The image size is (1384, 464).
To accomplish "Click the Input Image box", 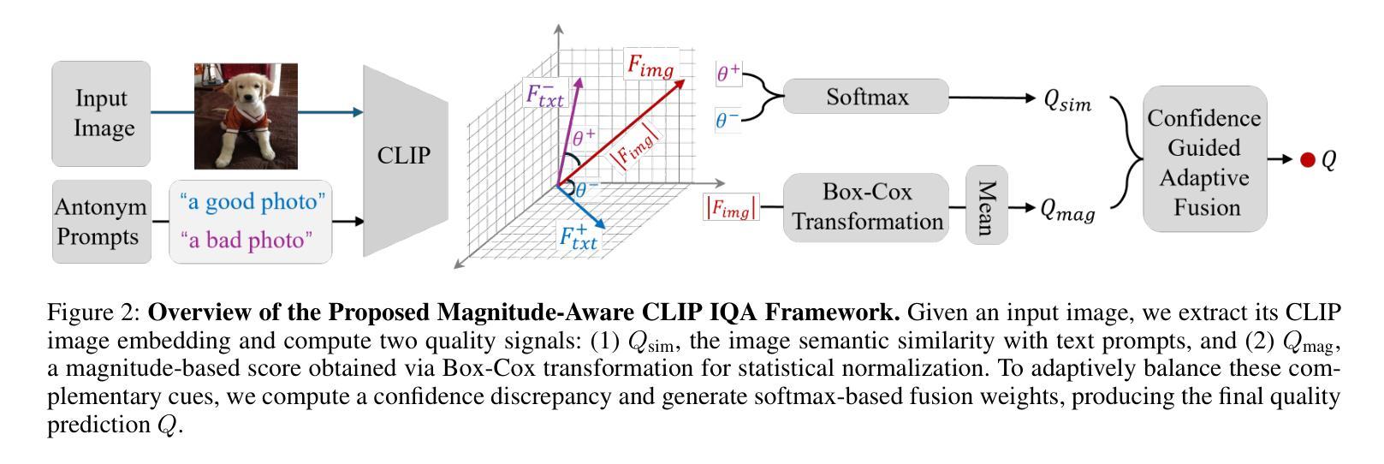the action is (x=101, y=113).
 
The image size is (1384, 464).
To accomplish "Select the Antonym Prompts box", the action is (x=101, y=221).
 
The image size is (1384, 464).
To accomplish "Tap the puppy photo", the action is (x=246, y=116).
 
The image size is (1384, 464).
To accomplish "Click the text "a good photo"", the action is (x=252, y=202).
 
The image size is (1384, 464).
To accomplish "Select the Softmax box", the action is (x=866, y=97).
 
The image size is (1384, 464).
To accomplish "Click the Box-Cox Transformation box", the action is (x=866, y=207).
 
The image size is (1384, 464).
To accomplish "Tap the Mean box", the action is (x=986, y=207).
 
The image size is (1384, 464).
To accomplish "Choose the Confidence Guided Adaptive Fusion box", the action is (x=1204, y=159).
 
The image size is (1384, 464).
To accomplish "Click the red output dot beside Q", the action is (x=1307, y=160).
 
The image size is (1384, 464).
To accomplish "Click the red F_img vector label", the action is (x=650, y=66).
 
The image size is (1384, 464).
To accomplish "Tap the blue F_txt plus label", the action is (x=579, y=236).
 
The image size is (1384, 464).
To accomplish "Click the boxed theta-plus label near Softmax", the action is (x=728, y=74).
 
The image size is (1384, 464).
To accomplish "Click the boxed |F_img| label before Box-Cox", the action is (x=730, y=208).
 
